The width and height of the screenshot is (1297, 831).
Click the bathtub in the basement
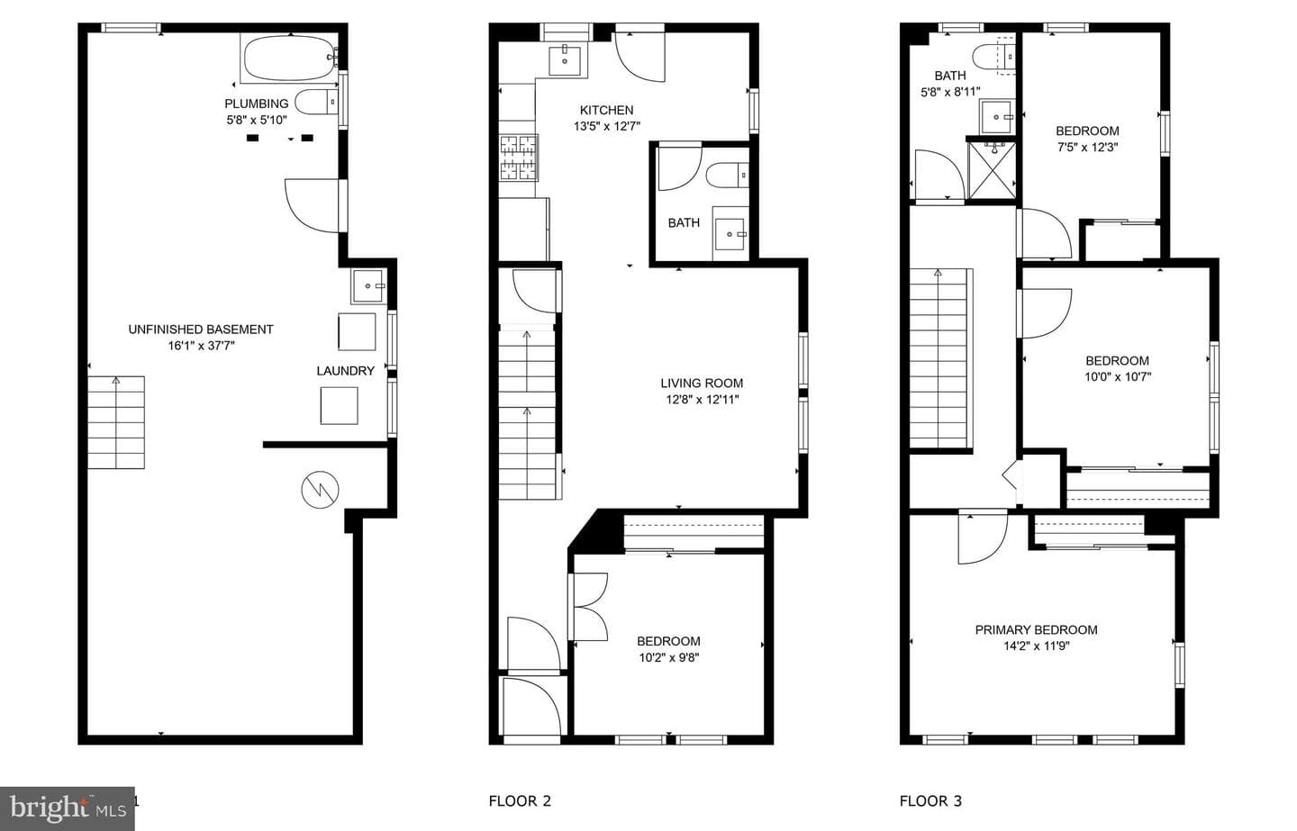[x=289, y=59]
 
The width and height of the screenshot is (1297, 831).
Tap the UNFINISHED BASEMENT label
[x=200, y=330]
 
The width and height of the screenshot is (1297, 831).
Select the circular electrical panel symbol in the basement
[x=320, y=490]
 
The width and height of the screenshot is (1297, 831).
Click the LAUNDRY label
[x=345, y=371]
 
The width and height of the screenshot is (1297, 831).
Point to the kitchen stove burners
[x=519, y=158]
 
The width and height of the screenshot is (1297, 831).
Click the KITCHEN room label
[x=606, y=110]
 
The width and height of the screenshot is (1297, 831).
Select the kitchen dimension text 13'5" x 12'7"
[x=606, y=126]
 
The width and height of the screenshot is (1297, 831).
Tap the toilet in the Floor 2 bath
[x=727, y=175]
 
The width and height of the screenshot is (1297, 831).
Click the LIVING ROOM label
[x=702, y=384]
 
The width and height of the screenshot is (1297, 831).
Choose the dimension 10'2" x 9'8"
[x=668, y=657]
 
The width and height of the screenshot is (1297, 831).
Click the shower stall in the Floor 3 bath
[x=992, y=169]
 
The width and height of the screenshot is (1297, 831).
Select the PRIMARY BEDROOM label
[x=1036, y=629]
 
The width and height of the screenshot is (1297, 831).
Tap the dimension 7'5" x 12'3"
[x=1087, y=147]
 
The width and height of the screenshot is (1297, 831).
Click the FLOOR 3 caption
[x=930, y=801]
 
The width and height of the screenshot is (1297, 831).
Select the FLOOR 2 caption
[x=520, y=801]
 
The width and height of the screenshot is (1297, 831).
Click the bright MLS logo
[x=68, y=808]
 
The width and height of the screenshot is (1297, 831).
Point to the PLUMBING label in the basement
[x=256, y=104]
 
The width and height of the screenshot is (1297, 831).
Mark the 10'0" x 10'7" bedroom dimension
[x=1118, y=376]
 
